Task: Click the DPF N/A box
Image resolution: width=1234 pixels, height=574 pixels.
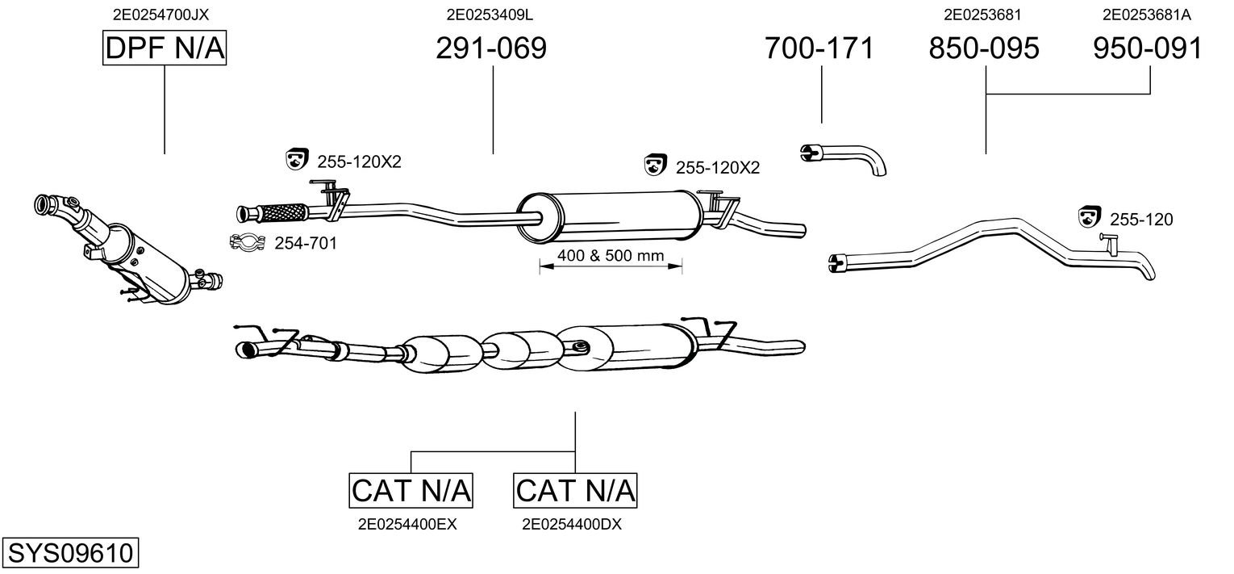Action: [165, 49]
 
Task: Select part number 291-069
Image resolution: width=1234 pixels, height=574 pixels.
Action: [490, 48]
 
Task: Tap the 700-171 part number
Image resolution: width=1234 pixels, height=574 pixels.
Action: [819, 48]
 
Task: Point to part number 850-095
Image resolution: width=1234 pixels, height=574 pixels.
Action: [984, 48]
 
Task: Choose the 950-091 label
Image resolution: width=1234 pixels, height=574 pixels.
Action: [1148, 48]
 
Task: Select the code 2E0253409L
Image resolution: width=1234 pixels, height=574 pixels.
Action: [490, 14]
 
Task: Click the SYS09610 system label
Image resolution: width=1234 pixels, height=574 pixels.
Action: [70, 554]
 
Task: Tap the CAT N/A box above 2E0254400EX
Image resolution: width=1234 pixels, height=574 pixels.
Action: [411, 490]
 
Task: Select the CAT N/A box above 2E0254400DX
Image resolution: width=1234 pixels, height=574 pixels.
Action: [575, 490]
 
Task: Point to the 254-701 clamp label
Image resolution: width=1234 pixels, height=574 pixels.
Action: [306, 242]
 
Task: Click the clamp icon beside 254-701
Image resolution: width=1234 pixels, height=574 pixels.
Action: [248, 241]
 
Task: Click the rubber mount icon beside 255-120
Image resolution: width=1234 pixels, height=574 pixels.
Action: [1090, 216]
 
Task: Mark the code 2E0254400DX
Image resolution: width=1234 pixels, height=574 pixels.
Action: [572, 524]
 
